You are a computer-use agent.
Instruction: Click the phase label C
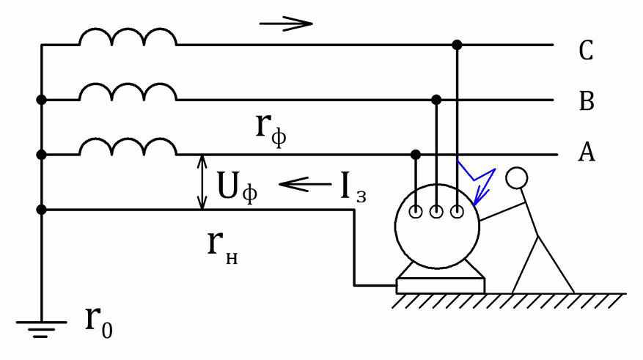pos(586,51)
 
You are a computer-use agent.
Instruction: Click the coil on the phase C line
pos(128,37)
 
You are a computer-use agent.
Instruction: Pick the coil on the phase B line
pos(128,92)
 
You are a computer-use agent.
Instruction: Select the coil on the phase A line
pos(128,147)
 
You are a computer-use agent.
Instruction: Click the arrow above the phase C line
pos(286,23)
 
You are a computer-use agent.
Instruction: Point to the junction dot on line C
pos(457,45)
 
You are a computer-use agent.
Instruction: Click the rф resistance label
pos(271,131)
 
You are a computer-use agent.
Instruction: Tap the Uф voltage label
pos(238,186)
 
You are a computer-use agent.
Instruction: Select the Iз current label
pos(353,188)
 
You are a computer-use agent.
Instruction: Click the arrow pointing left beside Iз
pos(305,184)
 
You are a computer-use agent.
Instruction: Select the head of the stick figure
pos(517,178)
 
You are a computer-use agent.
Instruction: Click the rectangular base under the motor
pos(441,286)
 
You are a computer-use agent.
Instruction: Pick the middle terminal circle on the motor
pos(436,212)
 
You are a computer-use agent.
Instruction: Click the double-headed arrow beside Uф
pos(202,183)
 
